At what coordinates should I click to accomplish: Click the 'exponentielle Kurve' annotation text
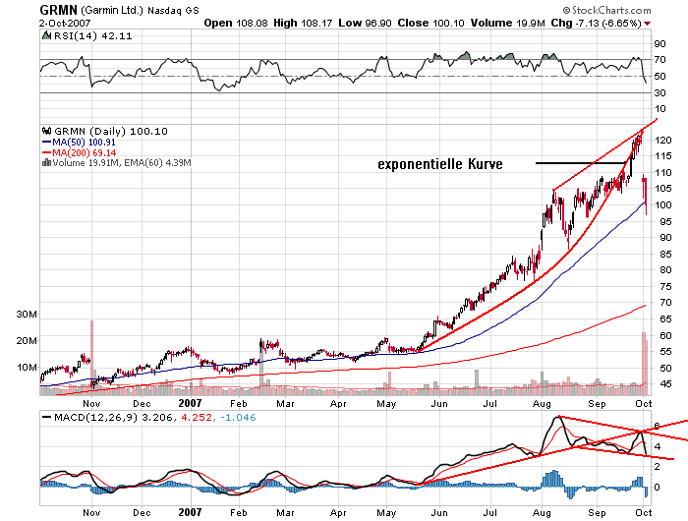pos(440,165)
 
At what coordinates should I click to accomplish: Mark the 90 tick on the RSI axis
pos(659,43)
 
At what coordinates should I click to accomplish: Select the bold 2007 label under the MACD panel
pos(190,511)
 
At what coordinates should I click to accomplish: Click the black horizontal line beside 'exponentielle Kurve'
pos(581,162)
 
